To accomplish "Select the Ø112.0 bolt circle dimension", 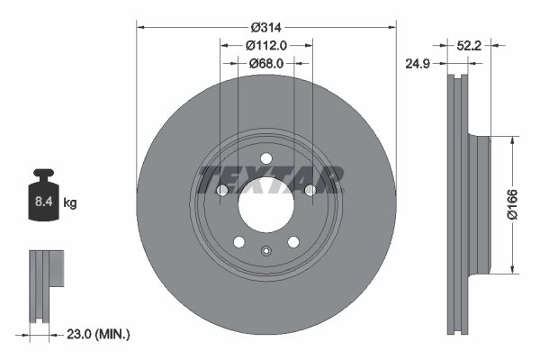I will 266,46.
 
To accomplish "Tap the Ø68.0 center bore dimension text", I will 266,63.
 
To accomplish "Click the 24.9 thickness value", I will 416,63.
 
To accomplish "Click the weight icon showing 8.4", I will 43,196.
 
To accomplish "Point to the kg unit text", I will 69,203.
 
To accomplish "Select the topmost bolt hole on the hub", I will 265,160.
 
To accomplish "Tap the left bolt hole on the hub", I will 221,191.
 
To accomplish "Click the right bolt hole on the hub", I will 310,191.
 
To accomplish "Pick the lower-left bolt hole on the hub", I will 238,241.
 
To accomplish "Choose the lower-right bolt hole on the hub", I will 292,241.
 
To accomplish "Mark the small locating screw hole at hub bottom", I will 265,251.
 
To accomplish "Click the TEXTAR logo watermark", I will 268,179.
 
